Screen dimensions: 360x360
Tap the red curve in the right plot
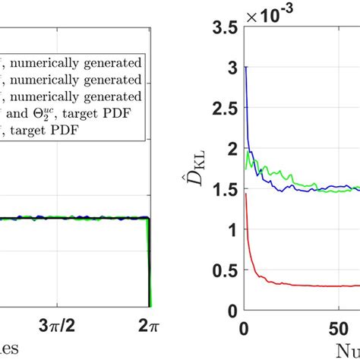click(x=304, y=286)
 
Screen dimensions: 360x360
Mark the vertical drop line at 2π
click(x=148, y=266)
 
